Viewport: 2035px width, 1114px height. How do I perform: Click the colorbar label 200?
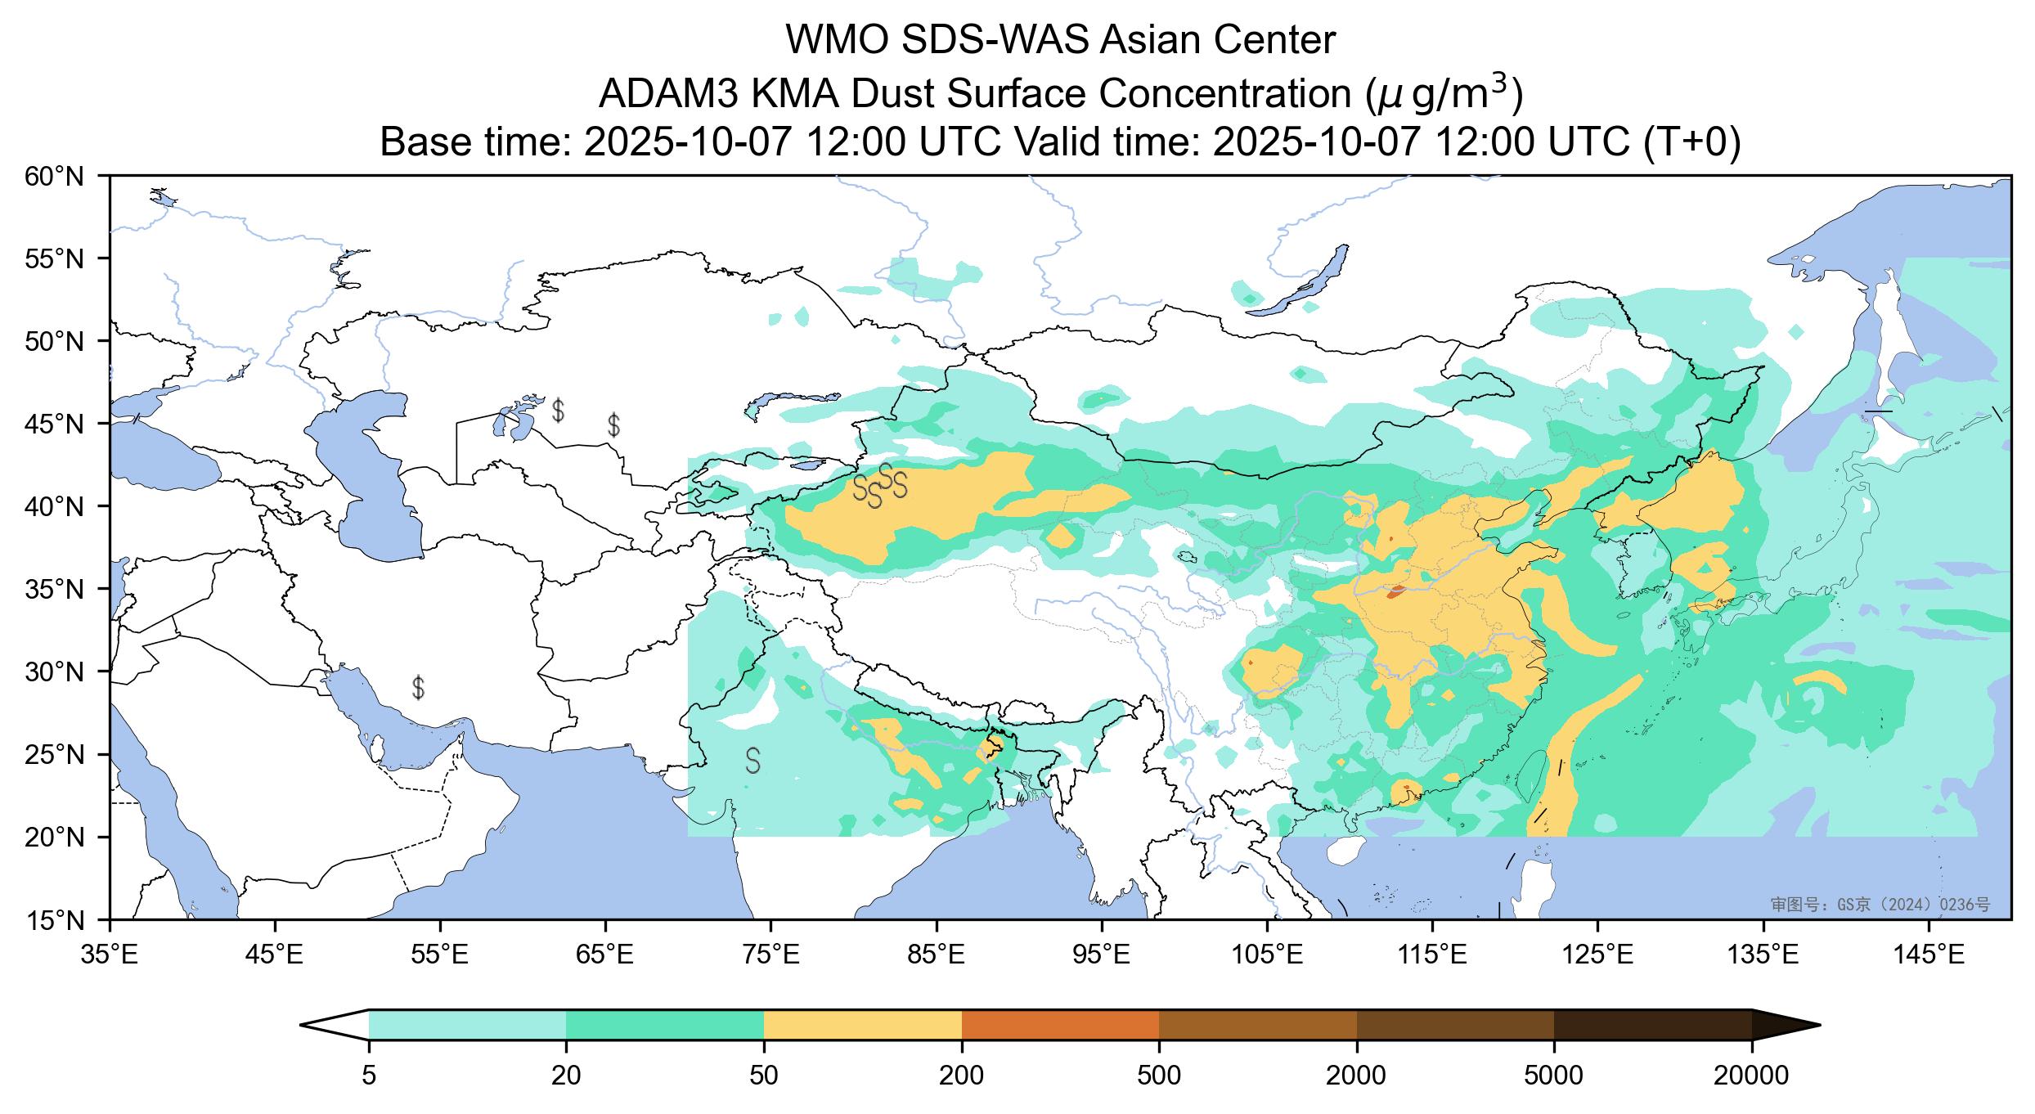pos(961,1076)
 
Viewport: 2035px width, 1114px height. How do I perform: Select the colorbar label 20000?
pos(1750,1076)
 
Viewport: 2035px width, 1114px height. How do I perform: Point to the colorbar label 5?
pos(369,1076)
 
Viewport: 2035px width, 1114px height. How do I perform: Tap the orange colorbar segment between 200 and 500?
pos(1060,1024)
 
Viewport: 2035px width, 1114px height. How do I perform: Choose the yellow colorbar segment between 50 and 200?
pos(862,1024)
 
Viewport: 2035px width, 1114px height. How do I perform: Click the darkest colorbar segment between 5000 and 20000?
pos(1652,1024)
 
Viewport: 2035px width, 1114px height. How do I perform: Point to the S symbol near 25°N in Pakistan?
pos(752,761)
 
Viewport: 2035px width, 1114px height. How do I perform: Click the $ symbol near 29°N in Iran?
pos(418,688)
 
